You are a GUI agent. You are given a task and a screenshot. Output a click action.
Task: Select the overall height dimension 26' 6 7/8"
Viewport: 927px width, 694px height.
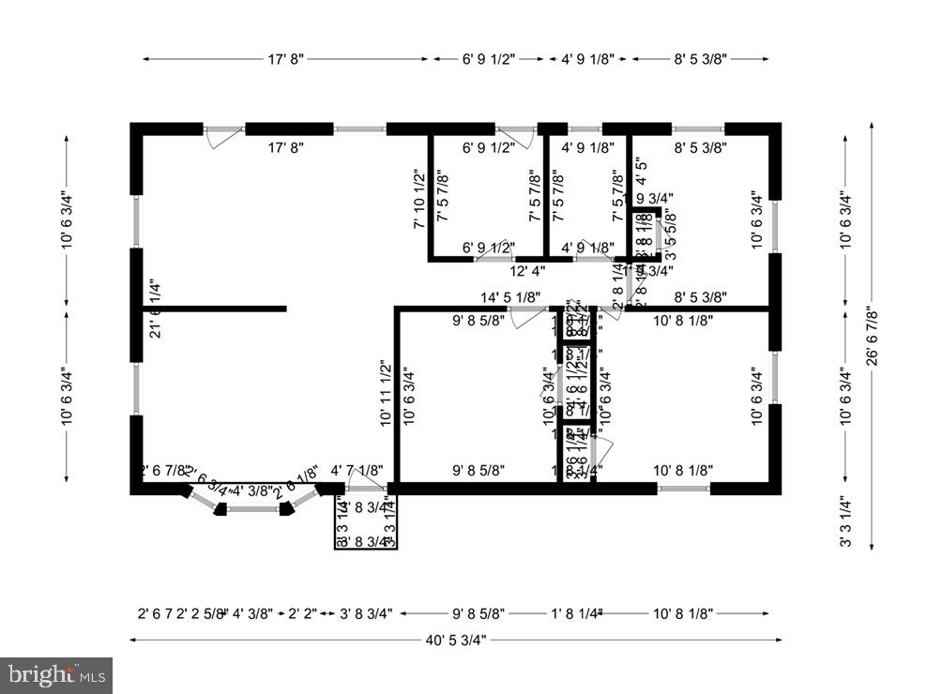click(872, 339)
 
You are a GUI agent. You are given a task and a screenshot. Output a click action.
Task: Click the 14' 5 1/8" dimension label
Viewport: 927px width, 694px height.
click(509, 299)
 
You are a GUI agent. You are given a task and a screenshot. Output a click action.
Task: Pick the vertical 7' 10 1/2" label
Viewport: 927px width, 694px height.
click(419, 200)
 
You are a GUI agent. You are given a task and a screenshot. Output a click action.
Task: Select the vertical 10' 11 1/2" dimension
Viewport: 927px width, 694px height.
click(385, 394)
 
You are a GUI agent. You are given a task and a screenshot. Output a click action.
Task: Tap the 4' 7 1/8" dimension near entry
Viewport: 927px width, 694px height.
click(357, 471)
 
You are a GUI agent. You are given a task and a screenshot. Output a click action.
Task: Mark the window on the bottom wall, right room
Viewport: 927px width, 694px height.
click(683, 488)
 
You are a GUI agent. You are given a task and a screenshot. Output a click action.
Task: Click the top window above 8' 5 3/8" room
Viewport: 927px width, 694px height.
click(698, 128)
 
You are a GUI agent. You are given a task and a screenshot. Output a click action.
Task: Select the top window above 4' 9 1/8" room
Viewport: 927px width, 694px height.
click(585, 128)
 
